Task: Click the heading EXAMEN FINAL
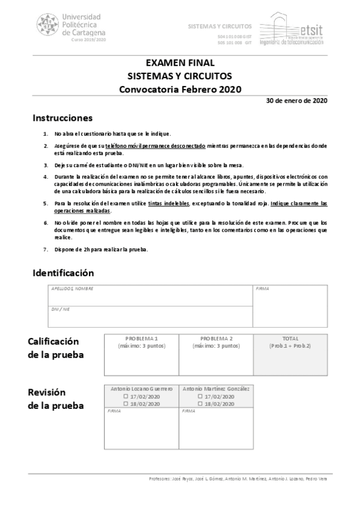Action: click(x=180, y=63)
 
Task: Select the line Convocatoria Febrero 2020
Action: click(x=180, y=90)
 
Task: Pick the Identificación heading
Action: click(x=63, y=272)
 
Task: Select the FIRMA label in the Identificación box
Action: click(x=262, y=289)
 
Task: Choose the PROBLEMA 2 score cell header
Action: click(x=216, y=339)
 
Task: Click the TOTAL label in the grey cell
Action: click(x=290, y=339)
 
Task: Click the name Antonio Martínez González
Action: click(x=216, y=389)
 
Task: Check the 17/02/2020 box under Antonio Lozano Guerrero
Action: click(x=126, y=397)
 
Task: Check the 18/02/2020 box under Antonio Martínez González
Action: click(x=201, y=404)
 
